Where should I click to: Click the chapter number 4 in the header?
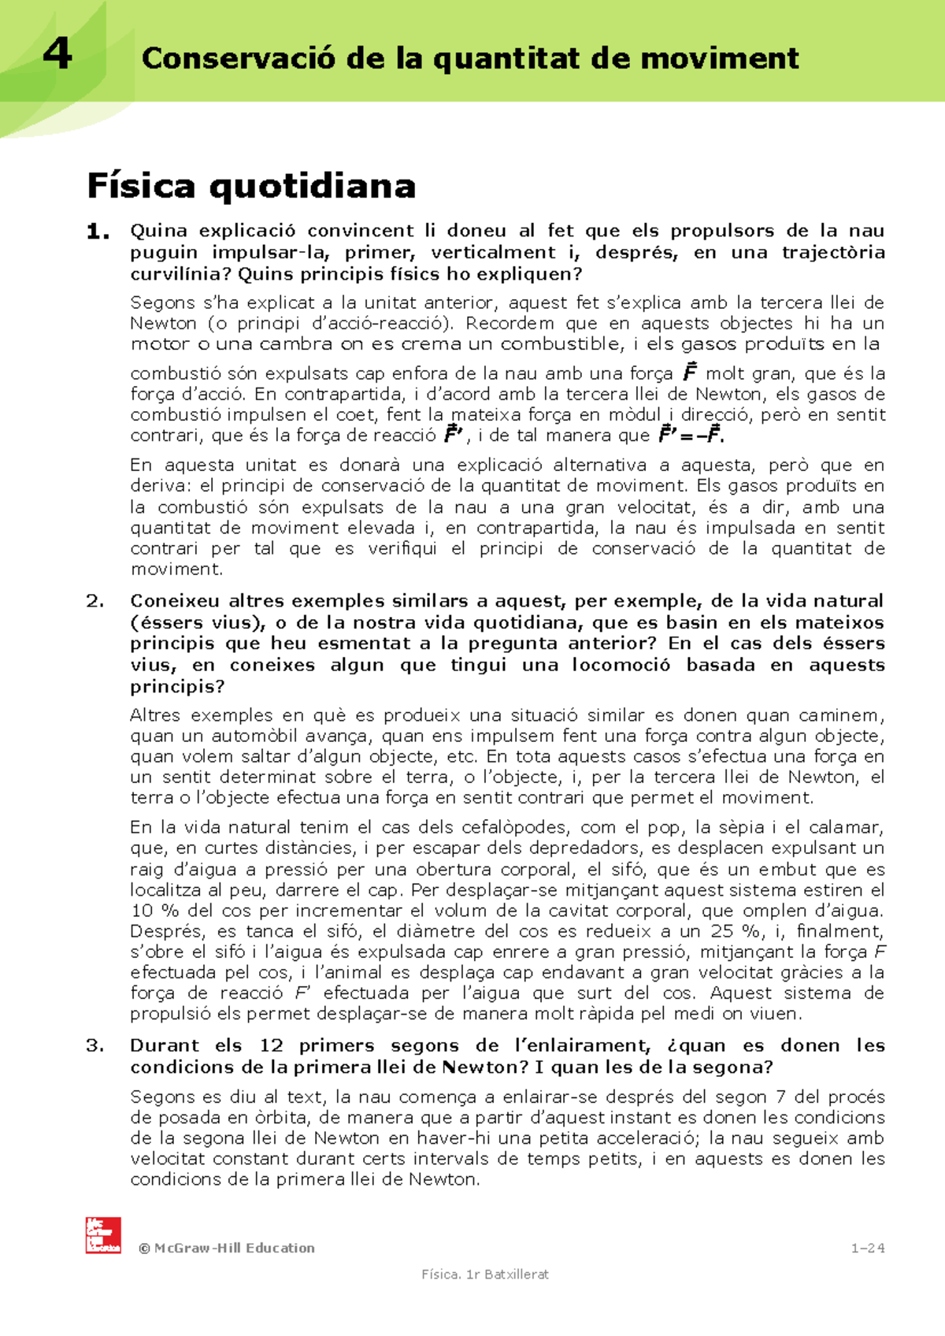click(x=57, y=55)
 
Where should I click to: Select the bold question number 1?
click(x=98, y=232)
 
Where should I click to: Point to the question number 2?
click(x=95, y=601)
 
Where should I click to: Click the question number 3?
click(x=95, y=1046)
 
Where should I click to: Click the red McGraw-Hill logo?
click(x=103, y=1234)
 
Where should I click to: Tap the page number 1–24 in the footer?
click(x=868, y=1248)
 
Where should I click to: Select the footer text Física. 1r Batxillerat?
click(x=485, y=1275)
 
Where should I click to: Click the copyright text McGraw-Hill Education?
click(x=227, y=1248)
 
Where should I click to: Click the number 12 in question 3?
click(x=271, y=1046)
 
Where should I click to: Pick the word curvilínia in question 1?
click(x=176, y=275)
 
